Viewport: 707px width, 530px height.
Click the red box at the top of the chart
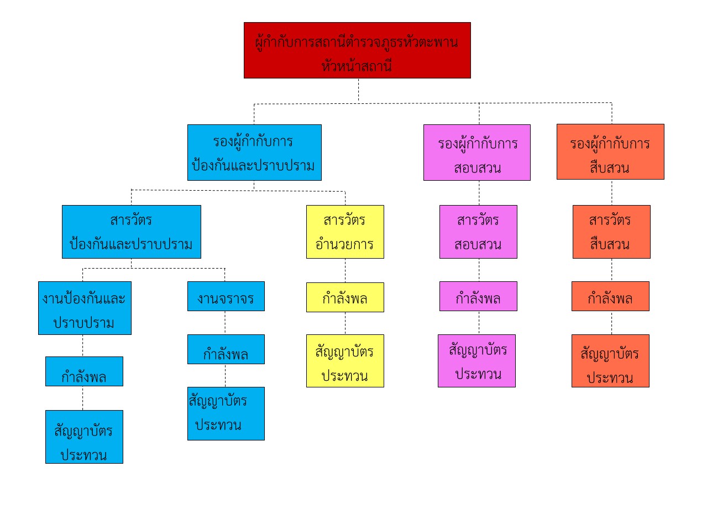click(357, 50)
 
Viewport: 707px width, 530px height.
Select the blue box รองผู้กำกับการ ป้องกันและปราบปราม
click(254, 153)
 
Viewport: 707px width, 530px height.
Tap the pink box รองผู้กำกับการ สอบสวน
click(477, 153)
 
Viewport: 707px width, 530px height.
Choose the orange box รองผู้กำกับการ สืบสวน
click(610, 152)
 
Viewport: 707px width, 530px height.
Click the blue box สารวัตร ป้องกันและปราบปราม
click(132, 232)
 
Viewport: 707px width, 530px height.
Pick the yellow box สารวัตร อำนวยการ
click(345, 232)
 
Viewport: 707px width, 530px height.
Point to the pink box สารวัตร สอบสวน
click(478, 232)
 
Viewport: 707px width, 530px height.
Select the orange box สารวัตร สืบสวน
click(611, 232)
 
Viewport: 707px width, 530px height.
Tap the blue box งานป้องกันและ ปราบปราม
click(85, 308)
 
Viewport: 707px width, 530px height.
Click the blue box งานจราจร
click(226, 297)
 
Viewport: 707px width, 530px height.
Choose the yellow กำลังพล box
click(345, 298)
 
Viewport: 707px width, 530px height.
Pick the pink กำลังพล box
click(478, 297)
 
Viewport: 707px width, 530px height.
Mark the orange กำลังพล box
click(610, 297)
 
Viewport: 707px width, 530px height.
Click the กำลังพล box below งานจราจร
click(226, 350)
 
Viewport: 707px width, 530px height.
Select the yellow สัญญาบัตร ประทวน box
click(345, 361)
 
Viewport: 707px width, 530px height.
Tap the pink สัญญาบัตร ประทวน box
click(476, 361)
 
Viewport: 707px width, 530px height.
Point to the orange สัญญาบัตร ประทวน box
click(610, 361)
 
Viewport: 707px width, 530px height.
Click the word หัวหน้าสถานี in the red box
click(357, 66)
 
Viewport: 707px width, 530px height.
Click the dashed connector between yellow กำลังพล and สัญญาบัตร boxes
click(345, 323)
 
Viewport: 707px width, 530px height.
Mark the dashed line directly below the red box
click(359, 90)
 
